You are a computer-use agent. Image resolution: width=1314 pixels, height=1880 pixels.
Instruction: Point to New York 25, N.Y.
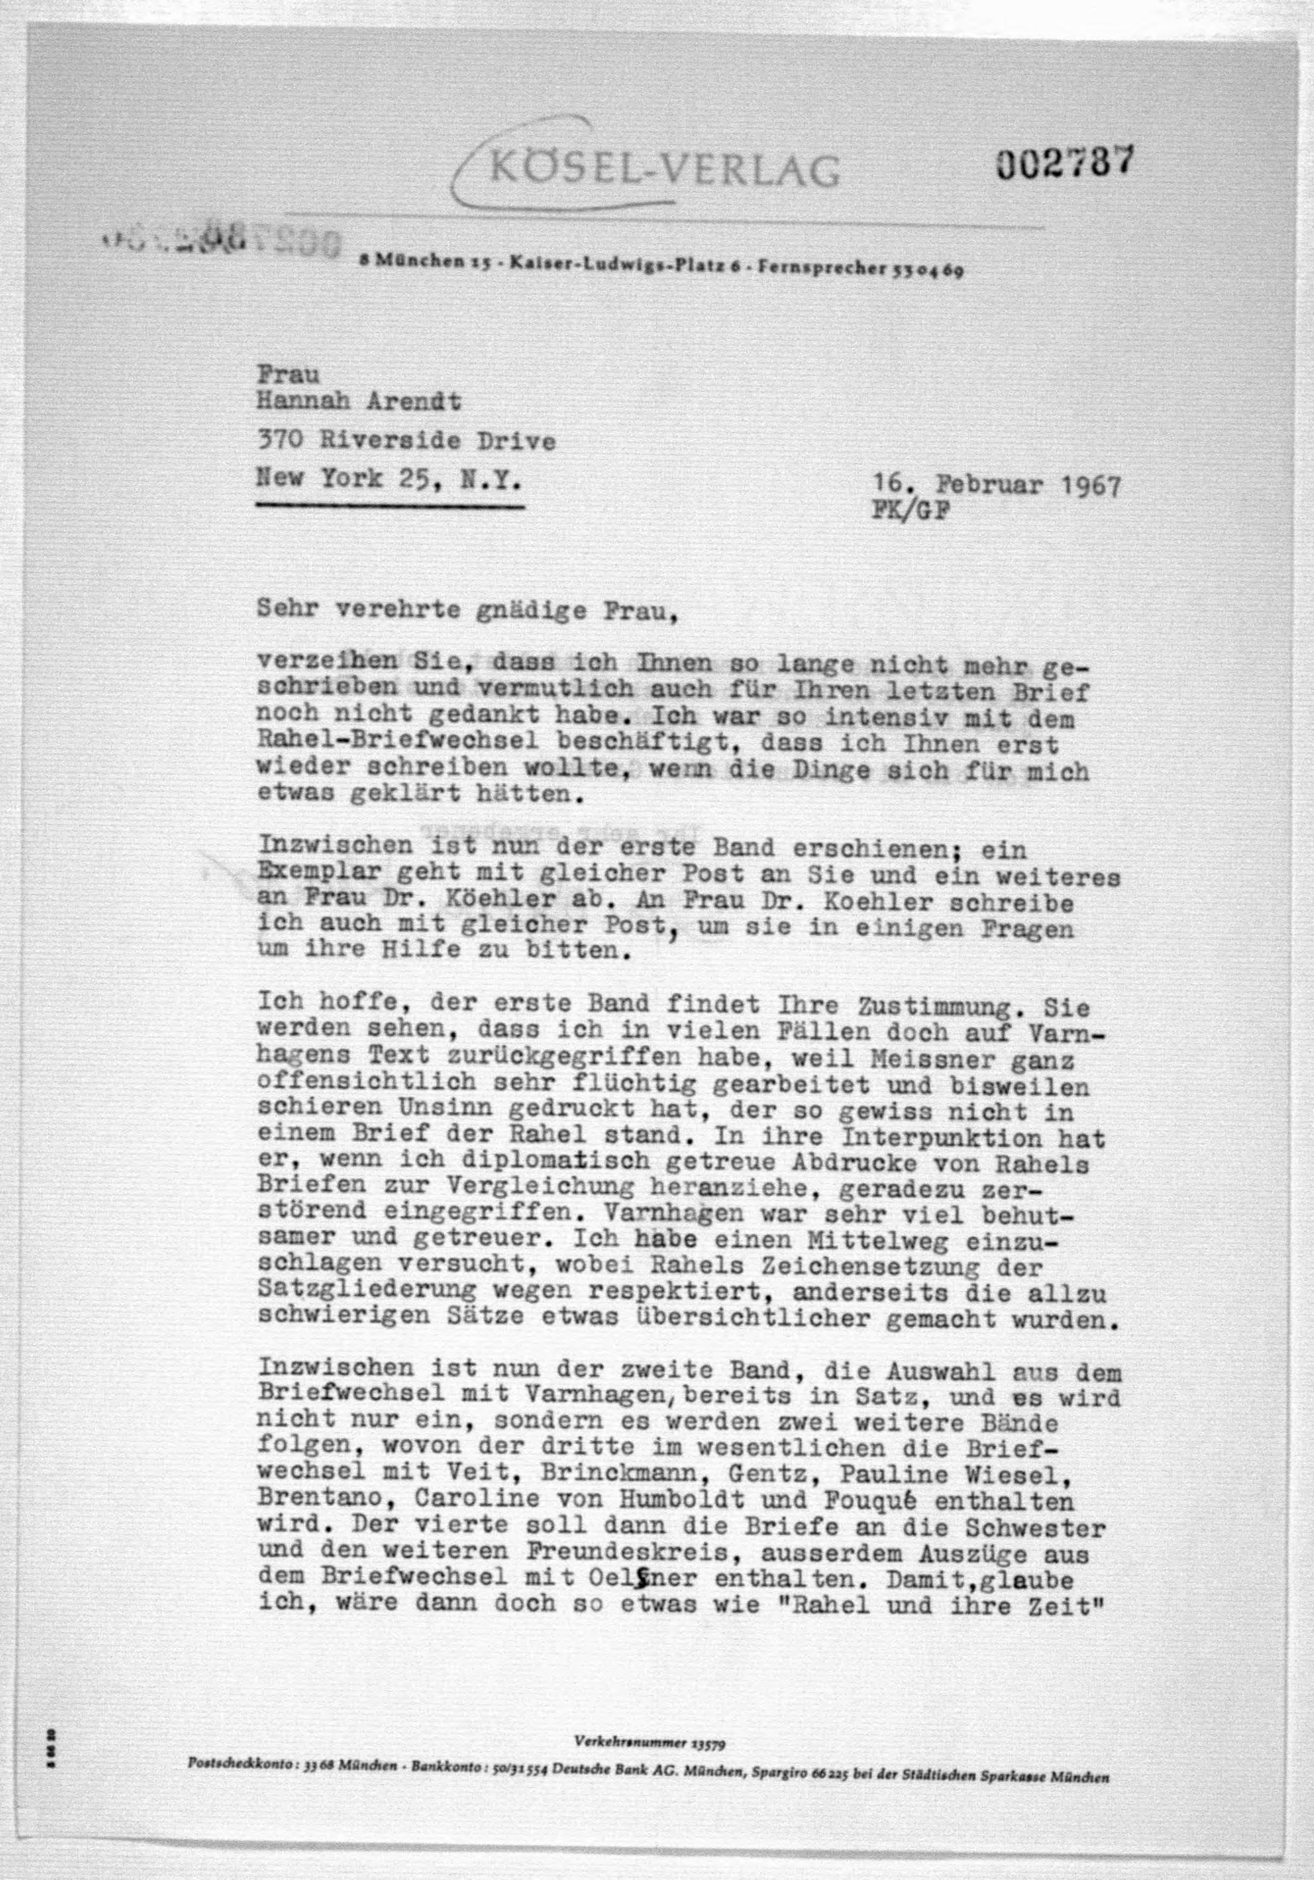point(389,480)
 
